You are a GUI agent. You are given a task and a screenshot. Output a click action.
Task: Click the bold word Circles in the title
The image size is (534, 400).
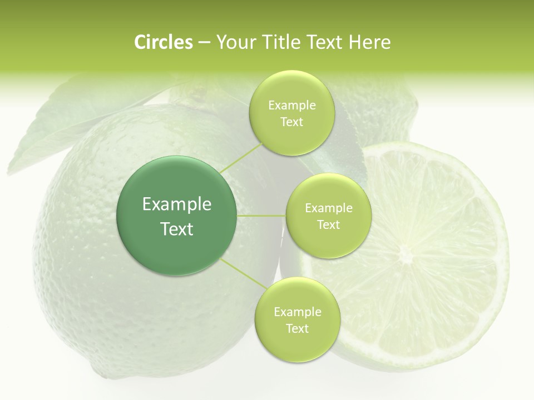163,42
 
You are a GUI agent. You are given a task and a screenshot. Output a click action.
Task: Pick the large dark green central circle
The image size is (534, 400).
177,216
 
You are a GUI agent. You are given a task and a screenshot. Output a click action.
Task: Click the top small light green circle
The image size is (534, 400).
291,113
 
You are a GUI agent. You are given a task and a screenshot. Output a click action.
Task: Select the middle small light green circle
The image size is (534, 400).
328,216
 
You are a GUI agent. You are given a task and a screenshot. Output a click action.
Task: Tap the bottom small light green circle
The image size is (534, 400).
297,319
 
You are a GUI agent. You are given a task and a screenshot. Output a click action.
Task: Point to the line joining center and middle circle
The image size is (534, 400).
261,216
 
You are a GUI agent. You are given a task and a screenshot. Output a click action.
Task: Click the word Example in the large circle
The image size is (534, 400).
177,204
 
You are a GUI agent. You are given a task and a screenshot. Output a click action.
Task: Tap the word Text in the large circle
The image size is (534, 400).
177,229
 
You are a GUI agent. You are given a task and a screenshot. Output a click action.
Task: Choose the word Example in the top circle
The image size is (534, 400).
291,105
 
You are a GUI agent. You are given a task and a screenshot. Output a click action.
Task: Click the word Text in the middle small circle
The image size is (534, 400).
328,224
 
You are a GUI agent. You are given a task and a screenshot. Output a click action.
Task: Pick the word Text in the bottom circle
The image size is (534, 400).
297,328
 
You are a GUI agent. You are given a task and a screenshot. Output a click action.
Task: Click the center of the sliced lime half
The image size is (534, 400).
406,256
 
